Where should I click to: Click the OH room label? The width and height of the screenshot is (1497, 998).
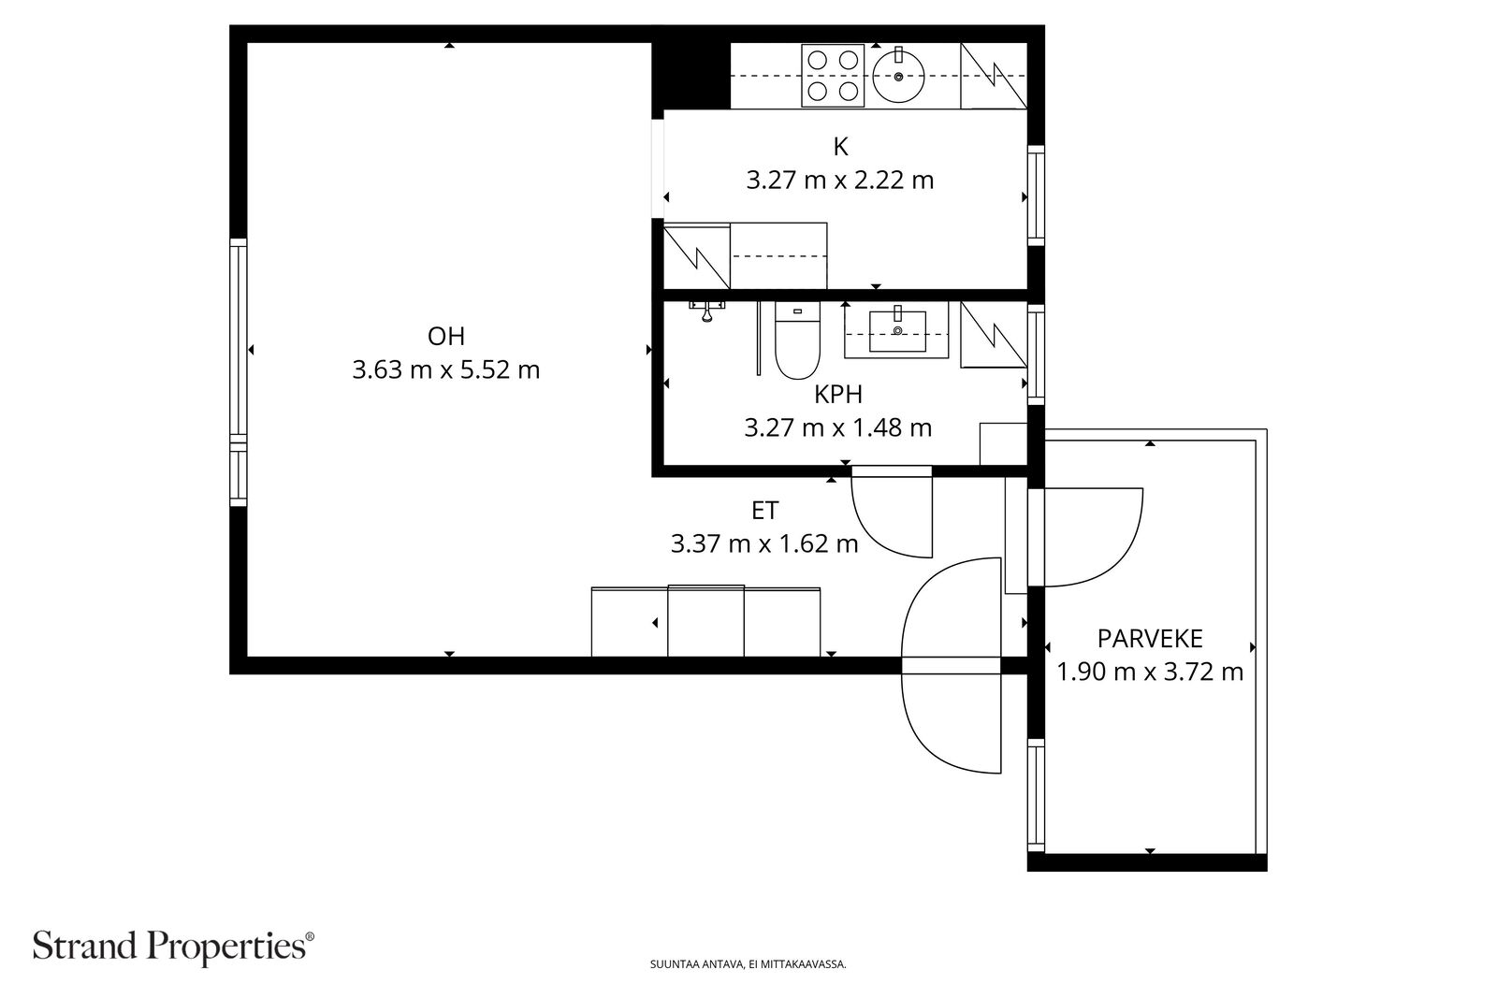[445, 336]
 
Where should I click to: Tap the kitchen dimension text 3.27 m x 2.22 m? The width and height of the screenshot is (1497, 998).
[839, 181]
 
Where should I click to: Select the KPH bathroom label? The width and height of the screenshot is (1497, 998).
[838, 394]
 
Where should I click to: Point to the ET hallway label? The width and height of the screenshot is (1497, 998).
[764, 511]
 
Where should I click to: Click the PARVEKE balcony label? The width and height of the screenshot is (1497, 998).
[1150, 639]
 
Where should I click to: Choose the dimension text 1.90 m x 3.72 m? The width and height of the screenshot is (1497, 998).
[1150, 672]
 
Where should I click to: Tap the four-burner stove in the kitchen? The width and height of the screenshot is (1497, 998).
[833, 76]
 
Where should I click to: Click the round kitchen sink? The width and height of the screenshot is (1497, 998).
[899, 77]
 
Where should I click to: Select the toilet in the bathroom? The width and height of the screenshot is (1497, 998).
[797, 340]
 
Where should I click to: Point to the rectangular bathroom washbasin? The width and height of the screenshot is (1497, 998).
[897, 331]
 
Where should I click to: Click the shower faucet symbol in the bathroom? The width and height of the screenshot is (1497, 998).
[706, 311]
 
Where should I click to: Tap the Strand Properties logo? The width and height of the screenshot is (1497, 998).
[173, 947]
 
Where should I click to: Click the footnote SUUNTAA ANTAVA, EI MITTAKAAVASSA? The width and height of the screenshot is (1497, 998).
[748, 964]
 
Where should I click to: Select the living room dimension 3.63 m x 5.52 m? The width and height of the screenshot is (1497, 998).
[445, 369]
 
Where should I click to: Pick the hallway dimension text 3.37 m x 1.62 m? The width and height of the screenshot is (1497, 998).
[764, 543]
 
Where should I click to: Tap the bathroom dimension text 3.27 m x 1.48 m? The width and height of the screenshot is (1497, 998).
[838, 427]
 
